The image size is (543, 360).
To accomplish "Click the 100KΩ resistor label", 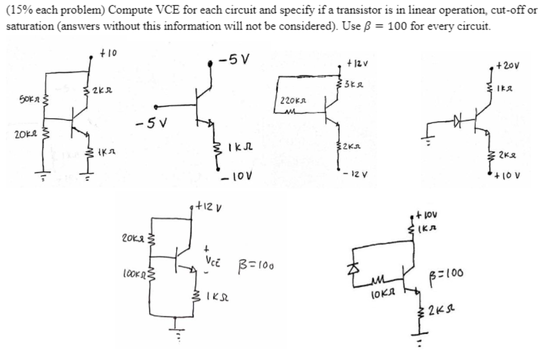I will [134, 270].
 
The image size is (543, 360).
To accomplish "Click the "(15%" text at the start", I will [16, 13].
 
